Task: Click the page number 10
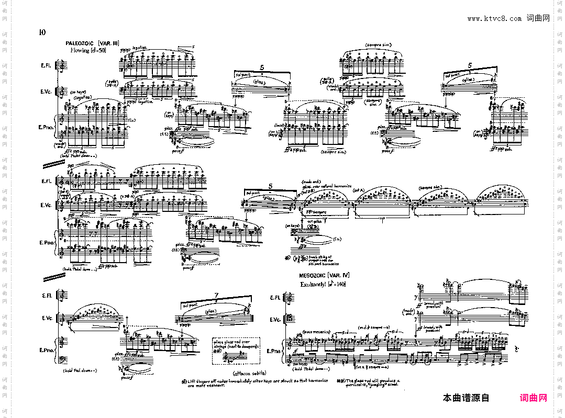tap(42, 32)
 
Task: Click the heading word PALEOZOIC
tap(80, 43)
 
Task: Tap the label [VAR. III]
tap(109, 43)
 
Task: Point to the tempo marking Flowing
tap(81, 51)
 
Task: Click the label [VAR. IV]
tap(339, 275)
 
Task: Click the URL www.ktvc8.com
tap(494, 18)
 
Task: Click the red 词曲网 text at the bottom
tap(533, 398)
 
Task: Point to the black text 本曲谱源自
tap(466, 398)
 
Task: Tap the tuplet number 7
tap(216, 296)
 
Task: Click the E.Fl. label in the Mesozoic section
tap(275, 298)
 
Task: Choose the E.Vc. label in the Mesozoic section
tap(275, 320)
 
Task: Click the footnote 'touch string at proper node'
tap(323, 260)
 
